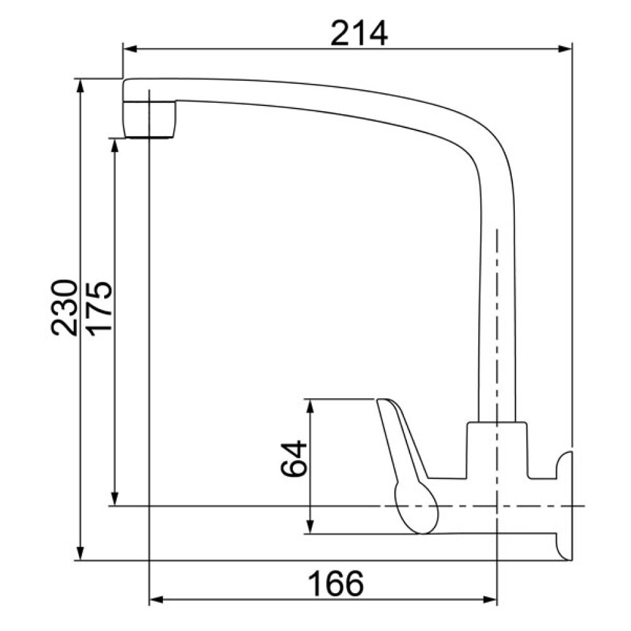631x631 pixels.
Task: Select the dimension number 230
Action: tap(64, 307)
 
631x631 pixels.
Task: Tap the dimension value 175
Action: tap(99, 309)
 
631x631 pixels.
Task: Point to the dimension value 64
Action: tap(293, 458)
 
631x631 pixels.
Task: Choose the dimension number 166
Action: tap(336, 584)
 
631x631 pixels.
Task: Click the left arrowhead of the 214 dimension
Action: tap(130, 49)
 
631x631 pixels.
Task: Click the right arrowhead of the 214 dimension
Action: tap(564, 49)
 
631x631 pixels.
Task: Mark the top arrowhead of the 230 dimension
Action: tap(81, 86)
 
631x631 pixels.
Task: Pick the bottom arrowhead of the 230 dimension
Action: tap(81, 553)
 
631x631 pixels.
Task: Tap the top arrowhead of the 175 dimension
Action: tap(115, 146)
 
